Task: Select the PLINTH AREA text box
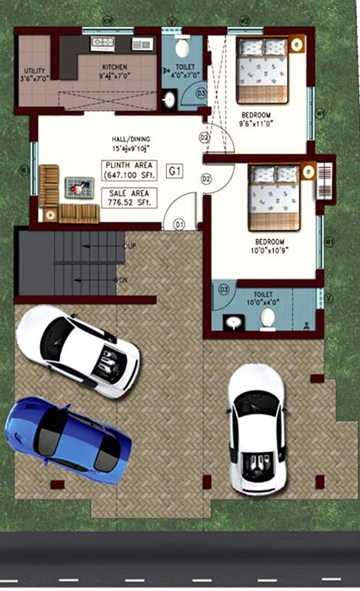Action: [129, 169]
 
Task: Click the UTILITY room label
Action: [35, 73]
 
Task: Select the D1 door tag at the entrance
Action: [178, 224]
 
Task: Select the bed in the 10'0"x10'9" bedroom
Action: [273, 197]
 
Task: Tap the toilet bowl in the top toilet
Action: [182, 48]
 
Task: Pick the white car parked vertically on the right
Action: [256, 429]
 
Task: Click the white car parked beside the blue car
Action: [78, 350]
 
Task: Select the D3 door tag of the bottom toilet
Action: [224, 289]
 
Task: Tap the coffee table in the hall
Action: [79, 186]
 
